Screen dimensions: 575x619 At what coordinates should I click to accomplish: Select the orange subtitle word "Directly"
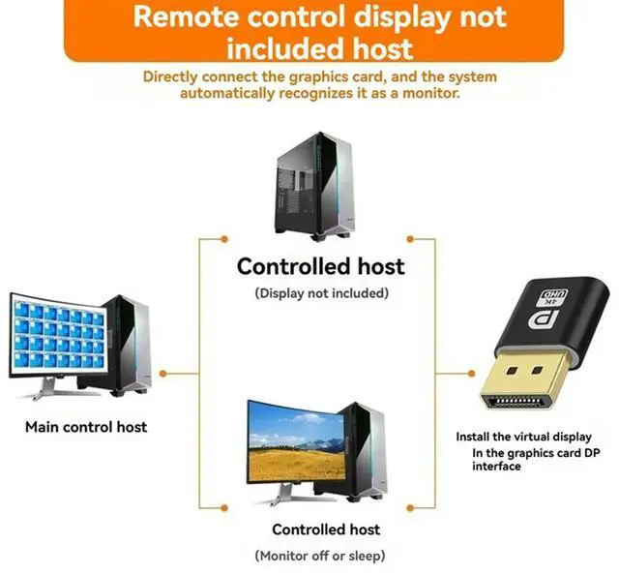pos(176,76)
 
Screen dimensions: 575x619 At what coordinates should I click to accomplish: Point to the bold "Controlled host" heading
pos(321,266)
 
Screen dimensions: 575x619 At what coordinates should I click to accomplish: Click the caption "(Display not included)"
pos(321,292)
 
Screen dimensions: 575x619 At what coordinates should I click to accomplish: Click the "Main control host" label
pos(86,426)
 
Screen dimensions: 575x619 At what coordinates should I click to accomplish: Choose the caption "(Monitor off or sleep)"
pos(320,555)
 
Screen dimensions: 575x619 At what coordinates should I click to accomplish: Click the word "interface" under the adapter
pos(496,467)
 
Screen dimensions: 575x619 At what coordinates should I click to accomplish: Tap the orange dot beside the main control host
pos(164,373)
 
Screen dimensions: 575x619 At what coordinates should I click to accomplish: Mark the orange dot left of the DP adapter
pos(442,373)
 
